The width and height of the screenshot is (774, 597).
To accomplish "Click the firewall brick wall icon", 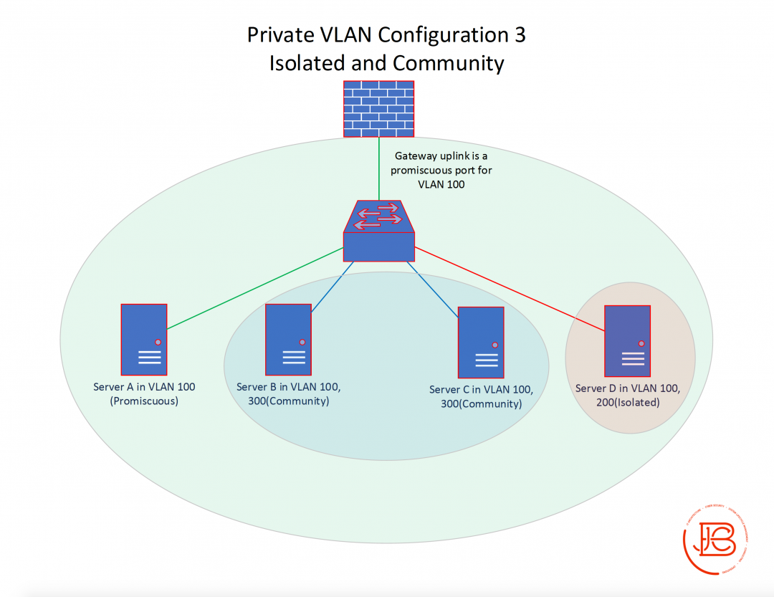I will click(x=378, y=108).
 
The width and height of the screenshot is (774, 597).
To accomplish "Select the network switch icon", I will click(x=378, y=231).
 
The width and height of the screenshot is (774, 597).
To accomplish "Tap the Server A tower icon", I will click(x=144, y=340).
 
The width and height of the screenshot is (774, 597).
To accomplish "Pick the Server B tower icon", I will click(x=288, y=340).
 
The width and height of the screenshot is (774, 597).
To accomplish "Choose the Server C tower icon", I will click(x=481, y=343).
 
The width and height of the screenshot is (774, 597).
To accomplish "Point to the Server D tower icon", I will click(x=627, y=341).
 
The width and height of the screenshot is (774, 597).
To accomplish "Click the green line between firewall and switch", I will click(x=378, y=168).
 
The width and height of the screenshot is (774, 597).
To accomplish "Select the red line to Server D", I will click(x=509, y=290).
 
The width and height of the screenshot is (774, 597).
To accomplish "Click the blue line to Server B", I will click(x=333, y=285).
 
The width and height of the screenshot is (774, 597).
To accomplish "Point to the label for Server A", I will click(x=144, y=393).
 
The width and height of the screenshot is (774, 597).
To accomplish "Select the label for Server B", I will click(x=288, y=393).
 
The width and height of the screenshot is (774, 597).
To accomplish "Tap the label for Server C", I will click(x=481, y=396).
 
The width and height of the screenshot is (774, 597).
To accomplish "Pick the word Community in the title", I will click(x=449, y=63).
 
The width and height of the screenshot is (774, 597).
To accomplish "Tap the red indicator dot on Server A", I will click(x=158, y=342).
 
